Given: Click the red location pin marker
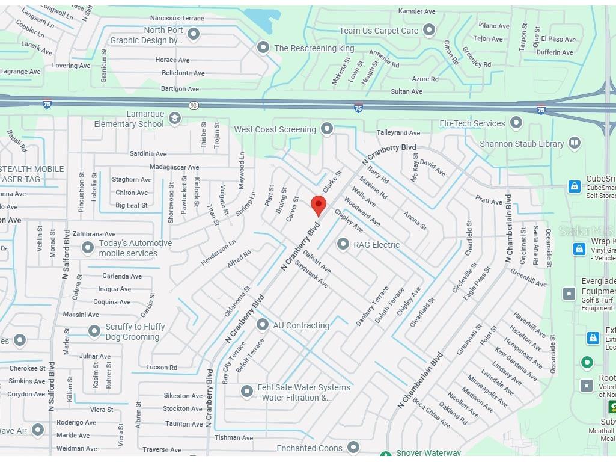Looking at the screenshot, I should point(319,205).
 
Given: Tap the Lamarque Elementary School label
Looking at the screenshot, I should point(129,119).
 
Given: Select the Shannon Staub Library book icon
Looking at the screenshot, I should point(575,143).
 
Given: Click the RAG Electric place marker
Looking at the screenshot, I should point(343,244).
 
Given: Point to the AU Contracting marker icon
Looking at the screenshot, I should point(262,325).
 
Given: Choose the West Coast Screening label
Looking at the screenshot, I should point(275,129).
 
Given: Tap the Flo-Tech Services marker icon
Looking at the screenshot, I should point(516,123).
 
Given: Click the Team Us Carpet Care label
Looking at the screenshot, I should point(379,31).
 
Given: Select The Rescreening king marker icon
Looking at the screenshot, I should point(263,47).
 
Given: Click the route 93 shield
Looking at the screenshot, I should point(193,105).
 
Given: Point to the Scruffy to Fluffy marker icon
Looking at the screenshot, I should point(94,331).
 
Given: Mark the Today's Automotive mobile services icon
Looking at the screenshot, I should point(88,247).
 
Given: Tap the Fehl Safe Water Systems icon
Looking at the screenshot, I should point(246,392).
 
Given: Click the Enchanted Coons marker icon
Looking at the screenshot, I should point(353,447).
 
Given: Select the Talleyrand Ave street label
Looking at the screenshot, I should point(398,132).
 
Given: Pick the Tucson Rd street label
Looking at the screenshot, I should point(161,367).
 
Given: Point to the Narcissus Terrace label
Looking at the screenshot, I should point(177,18).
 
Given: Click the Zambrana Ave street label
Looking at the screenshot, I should point(94,234).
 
